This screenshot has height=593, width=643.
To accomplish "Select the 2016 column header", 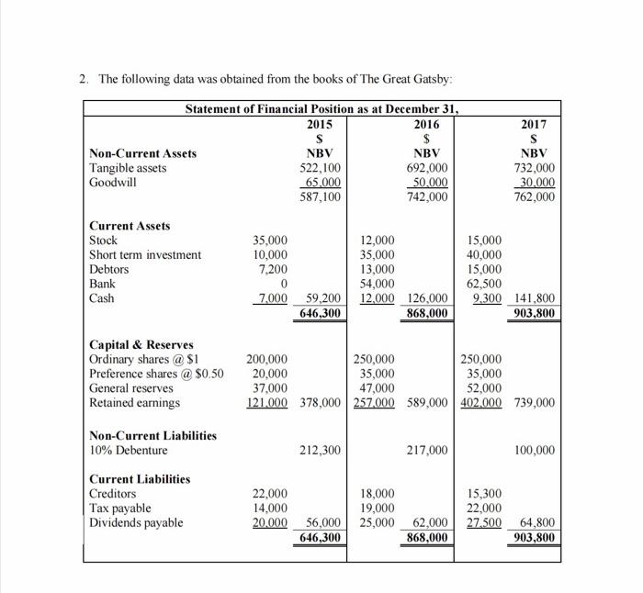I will coord(427,124).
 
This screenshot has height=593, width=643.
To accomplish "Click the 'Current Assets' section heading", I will coord(129,226).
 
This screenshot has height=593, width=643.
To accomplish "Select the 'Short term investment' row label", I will coord(144,255).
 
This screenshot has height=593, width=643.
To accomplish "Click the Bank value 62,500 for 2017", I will coord(484,284).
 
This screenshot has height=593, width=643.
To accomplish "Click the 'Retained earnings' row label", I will coord(134,402).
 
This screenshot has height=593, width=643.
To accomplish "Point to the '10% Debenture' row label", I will coord(128,450).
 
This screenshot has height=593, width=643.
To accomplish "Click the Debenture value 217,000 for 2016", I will coord(427,450).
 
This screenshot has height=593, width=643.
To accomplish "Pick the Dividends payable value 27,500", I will coord(483,522).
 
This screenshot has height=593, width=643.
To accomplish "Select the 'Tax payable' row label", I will coord(119,508).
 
